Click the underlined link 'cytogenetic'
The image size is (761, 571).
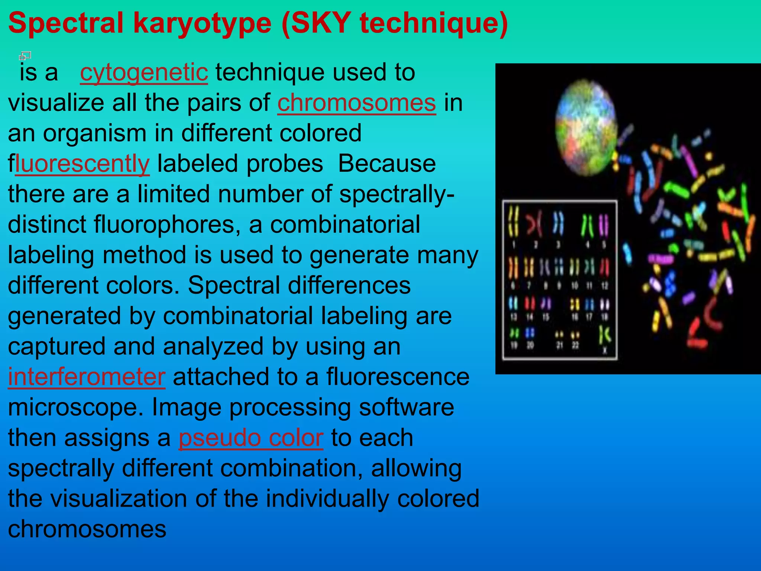click(144, 72)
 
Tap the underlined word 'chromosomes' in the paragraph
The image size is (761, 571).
click(356, 103)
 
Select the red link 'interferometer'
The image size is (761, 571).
click(87, 377)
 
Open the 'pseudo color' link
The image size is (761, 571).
click(251, 438)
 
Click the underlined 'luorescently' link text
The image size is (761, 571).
click(82, 164)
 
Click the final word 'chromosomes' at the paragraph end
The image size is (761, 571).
click(87, 529)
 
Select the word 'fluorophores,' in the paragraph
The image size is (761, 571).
click(167, 225)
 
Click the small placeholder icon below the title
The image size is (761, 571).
click(25, 56)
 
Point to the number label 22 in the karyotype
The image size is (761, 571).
click(575, 346)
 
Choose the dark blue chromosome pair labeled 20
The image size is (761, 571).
click(530, 333)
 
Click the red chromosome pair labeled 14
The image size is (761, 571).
click(530, 304)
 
